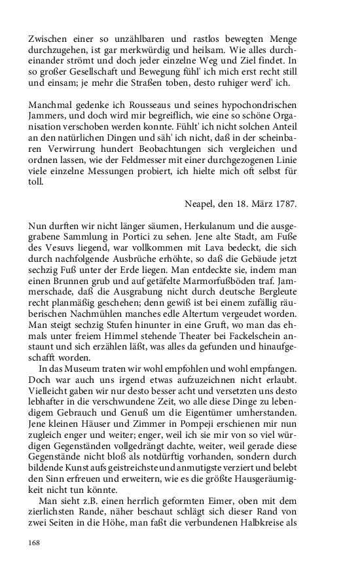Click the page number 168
[x=35, y=543]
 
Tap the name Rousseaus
[x=163, y=106]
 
